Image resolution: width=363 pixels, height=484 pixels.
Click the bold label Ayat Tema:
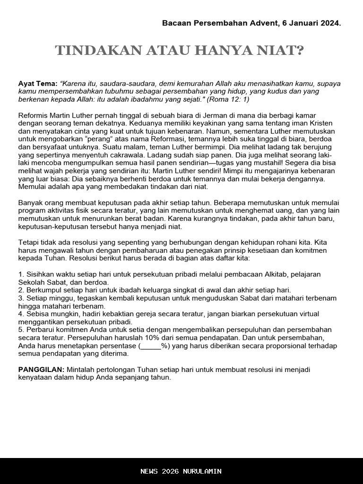(38, 83)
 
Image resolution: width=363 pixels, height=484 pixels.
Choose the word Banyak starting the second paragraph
(30, 203)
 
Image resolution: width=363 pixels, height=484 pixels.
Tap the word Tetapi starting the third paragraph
(28, 242)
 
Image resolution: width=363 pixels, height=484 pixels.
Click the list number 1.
(21, 275)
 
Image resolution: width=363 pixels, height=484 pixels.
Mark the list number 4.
(21, 314)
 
